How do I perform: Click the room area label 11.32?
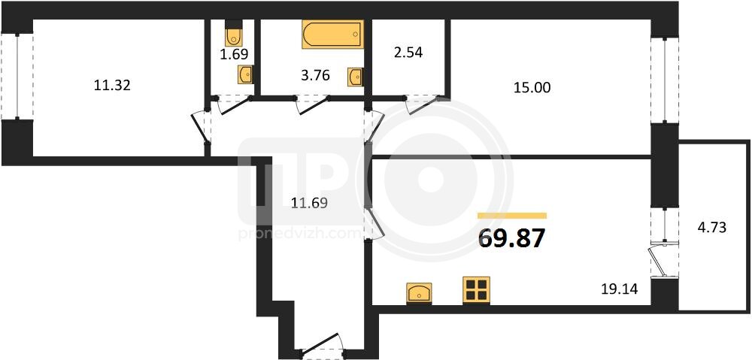click(113, 86)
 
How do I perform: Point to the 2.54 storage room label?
click(408, 53)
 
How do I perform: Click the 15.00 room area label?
click(532, 88)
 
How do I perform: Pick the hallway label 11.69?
click(309, 204)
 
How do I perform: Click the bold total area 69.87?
click(512, 238)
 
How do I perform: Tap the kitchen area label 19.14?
click(619, 289)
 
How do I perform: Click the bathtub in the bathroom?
click(332, 34)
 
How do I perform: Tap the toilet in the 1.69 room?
click(234, 33)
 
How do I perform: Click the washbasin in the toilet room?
click(246, 74)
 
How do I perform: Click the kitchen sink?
click(419, 293)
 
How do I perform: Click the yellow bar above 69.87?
click(512, 216)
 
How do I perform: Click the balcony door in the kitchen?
click(662, 259)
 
